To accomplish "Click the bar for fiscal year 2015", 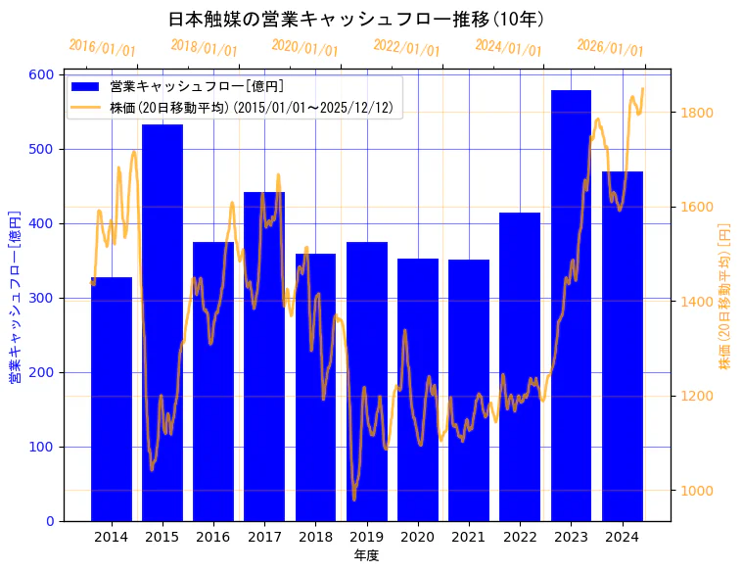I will point(162,323).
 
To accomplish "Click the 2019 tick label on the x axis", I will point(366,537).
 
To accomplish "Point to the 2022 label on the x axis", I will point(520,537).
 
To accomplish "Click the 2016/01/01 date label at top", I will point(103,48).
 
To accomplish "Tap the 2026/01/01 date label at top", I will point(610,48).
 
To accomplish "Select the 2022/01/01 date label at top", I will point(407,48).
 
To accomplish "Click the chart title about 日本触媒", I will point(356,19).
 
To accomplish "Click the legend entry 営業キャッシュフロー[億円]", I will point(197,86).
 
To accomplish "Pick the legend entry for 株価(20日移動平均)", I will point(251,108).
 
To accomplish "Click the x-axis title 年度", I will point(366,555).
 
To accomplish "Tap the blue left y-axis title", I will point(15,297).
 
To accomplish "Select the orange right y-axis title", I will point(725,297).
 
